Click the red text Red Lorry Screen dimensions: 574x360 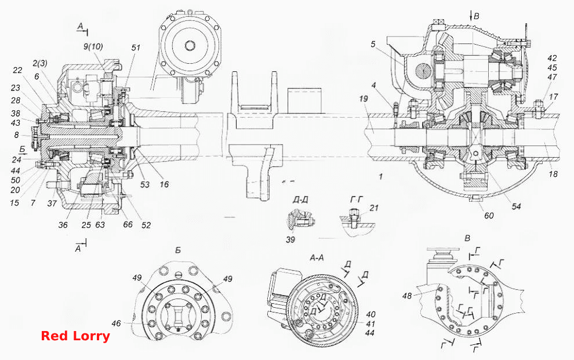[75, 336]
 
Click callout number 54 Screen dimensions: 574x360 [516, 207]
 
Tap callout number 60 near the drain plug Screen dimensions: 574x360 [489, 216]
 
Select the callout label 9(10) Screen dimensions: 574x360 [93, 47]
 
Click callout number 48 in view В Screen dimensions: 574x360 [407, 296]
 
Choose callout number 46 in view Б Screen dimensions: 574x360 [116, 323]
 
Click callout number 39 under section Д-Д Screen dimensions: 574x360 [290, 239]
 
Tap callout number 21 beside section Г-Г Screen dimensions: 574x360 [374, 208]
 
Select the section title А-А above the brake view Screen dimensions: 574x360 [317, 258]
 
